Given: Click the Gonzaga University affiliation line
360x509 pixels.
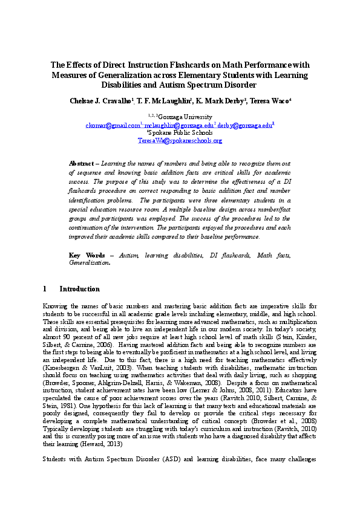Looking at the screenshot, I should (x=180, y=117).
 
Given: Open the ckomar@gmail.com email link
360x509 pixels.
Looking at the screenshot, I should (x=112, y=125).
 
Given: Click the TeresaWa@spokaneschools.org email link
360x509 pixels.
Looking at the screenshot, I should (x=180, y=140).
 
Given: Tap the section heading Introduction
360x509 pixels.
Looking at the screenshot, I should (x=80, y=290).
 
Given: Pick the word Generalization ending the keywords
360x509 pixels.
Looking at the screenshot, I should (x=90, y=264).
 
